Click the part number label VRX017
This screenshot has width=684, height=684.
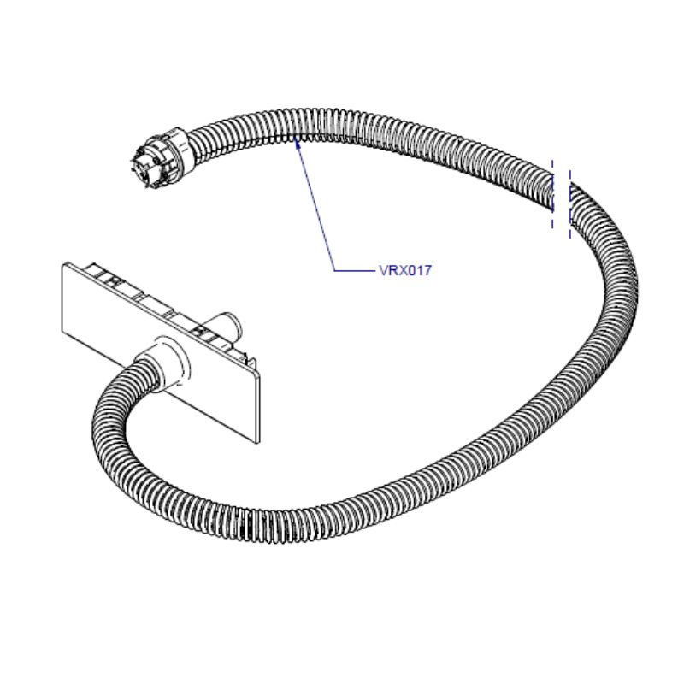[x=406, y=271]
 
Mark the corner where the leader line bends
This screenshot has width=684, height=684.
[x=333, y=271]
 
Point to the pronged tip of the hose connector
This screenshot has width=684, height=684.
[x=137, y=167]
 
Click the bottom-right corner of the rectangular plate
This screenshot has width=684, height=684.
[x=256, y=443]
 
